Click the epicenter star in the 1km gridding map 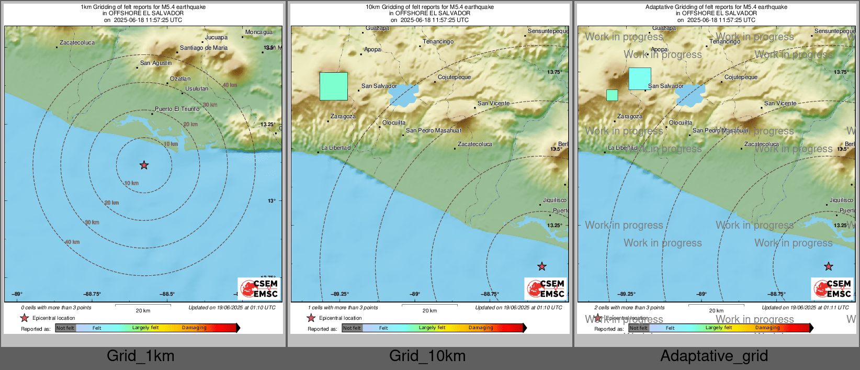pyautogui.click(x=144, y=165)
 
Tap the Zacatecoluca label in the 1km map pyautogui.click(x=77, y=42)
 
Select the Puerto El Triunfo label pyautogui.click(x=177, y=109)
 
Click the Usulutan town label pyautogui.click(x=197, y=88)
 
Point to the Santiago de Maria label pyautogui.click(x=203, y=48)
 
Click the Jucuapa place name pyautogui.click(x=216, y=37)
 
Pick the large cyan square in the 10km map pyautogui.click(x=334, y=86)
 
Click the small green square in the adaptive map pyautogui.click(x=612, y=95)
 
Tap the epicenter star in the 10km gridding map pyautogui.click(x=542, y=266)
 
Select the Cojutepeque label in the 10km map pyautogui.click(x=454, y=77)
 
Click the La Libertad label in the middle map pyautogui.click(x=336, y=148)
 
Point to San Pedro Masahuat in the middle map pyautogui.click(x=434, y=130)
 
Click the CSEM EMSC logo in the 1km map pyautogui.click(x=259, y=288)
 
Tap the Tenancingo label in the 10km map pyautogui.click(x=438, y=41)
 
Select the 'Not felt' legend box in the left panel pyautogui.click(x=65, y=328)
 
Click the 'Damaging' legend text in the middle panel pyautogui.click(x=481, y=328)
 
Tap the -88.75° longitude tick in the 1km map pyautogui.click(x=92, y=294)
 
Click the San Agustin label pyautogui.click(x=155, y=63)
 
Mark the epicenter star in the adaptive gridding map pyautogui.click(x=829, y=266)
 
